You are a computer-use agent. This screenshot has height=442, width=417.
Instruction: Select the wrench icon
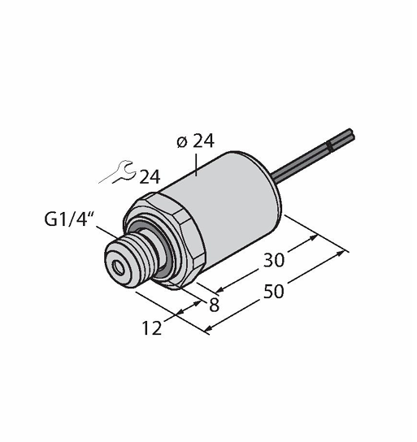[x=117, y=172]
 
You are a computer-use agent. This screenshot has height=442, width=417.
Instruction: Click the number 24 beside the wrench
[x=150, y=177]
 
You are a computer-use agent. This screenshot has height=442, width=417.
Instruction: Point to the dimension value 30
[x=274, y=260]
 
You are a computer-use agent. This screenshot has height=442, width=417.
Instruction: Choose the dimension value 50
[x=274, y=291]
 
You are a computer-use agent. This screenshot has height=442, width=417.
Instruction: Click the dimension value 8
[x=215, y=305]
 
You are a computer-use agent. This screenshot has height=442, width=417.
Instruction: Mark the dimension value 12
[x=152, y=327]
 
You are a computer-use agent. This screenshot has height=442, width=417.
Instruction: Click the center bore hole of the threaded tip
[x=118, y=267]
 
